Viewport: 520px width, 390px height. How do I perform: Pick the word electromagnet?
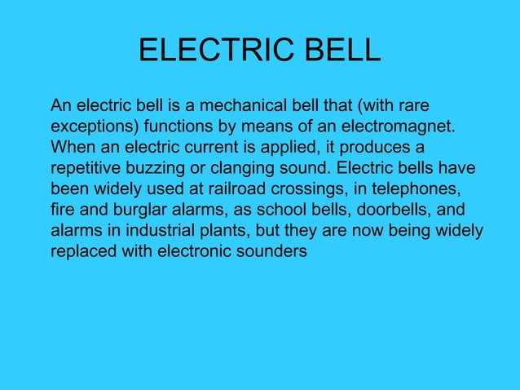(x=397, y=127)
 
